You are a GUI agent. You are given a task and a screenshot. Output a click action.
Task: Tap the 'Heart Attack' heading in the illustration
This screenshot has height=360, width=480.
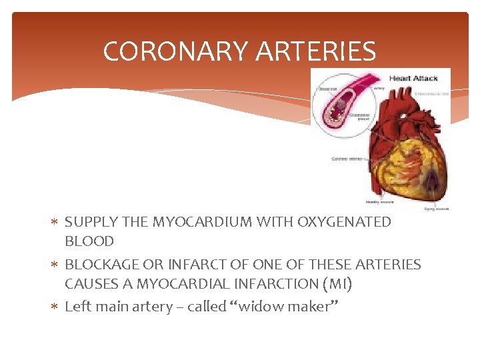coord(413,78)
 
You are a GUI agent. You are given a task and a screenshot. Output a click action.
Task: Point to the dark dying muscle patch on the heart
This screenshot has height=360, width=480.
coord(430,178)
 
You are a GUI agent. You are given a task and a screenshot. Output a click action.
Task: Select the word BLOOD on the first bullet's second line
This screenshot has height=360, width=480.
coord(89,241)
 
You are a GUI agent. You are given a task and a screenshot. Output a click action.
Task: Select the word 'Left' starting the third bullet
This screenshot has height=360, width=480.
coord(77,307)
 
